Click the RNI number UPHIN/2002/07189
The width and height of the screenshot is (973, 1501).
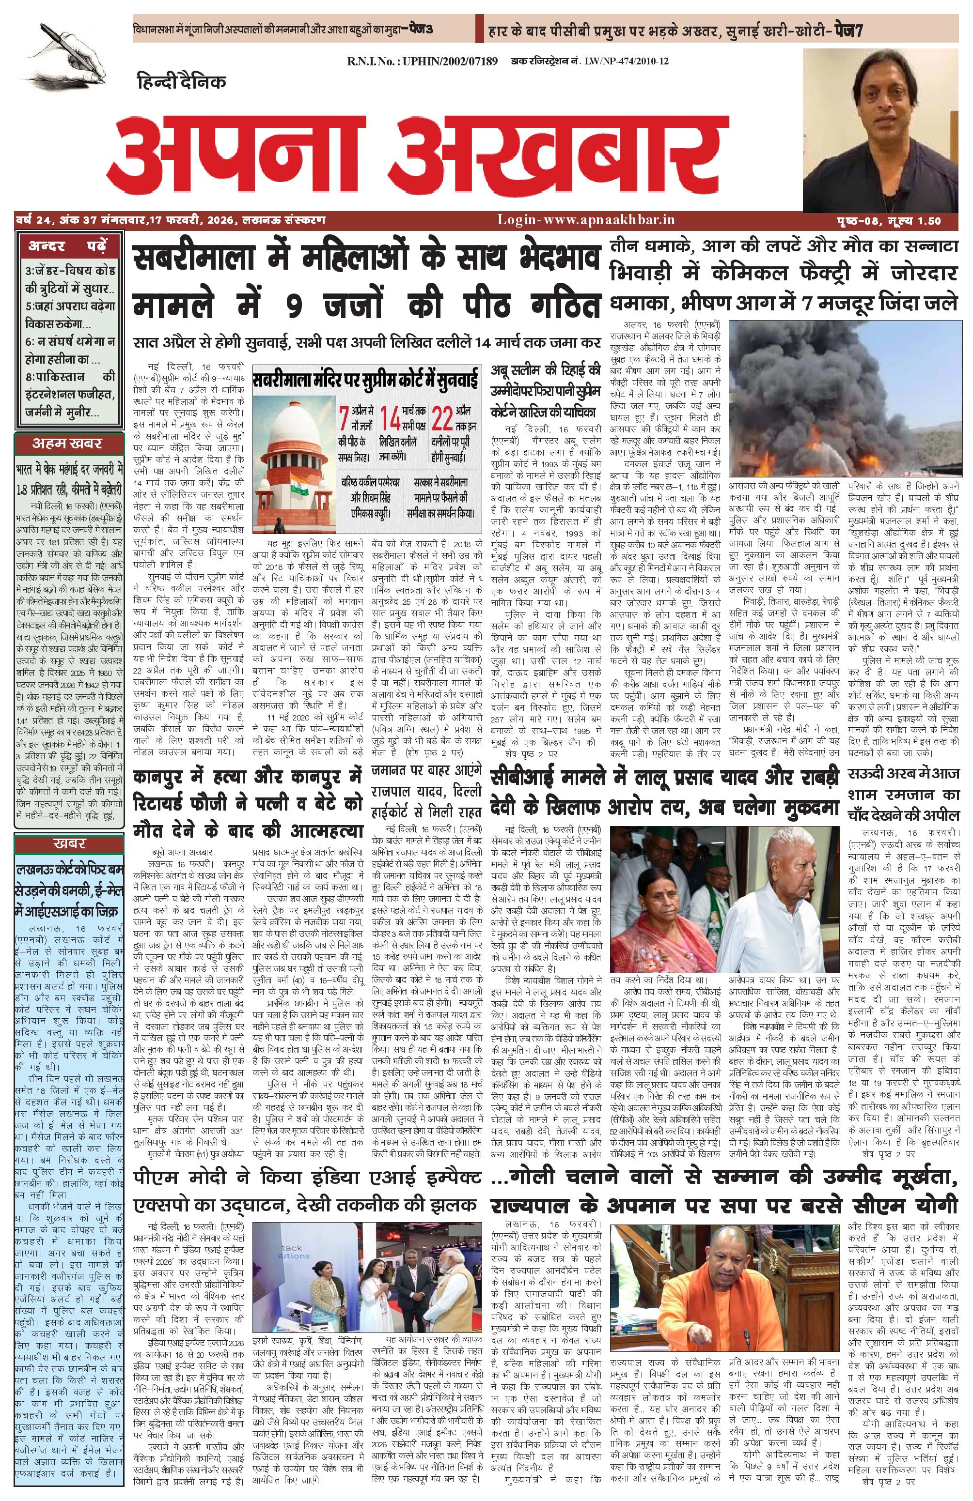[422, 61]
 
